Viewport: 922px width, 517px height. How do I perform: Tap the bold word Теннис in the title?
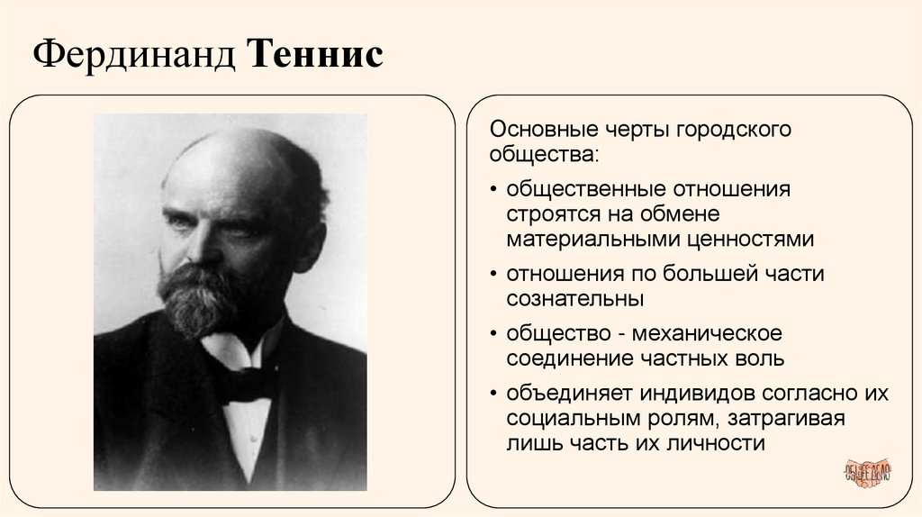tap(315, 55)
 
